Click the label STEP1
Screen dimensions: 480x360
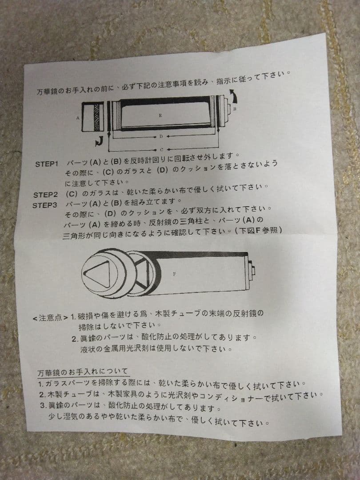[x=47, y=164]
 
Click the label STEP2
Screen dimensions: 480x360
[x=45, y=195]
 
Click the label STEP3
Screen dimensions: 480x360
[x=45, y=205]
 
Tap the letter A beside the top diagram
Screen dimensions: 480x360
[x=77, y=118]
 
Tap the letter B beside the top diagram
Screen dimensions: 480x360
[x=234, y=108]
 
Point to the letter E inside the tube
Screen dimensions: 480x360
[x=160, y=115]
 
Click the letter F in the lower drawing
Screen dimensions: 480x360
[x=174, y=275]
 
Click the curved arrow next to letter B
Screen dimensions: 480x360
[x=232, y=95]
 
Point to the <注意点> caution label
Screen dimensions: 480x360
[x=50, y=317]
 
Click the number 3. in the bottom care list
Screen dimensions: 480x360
[x=43, y=405]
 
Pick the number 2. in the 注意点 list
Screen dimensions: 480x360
[x=75, y=339]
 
